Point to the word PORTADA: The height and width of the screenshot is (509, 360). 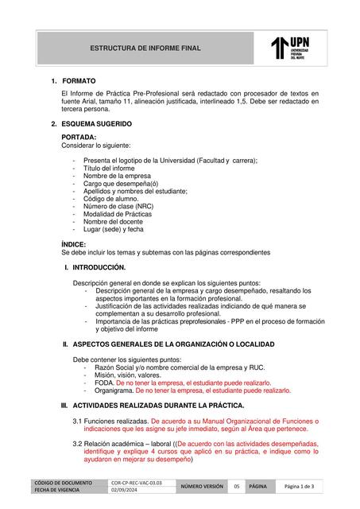tap(79, 138)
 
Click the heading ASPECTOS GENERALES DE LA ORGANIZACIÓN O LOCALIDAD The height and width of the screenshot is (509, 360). tap(173, 344)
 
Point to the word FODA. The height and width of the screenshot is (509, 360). tap(104, 383)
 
